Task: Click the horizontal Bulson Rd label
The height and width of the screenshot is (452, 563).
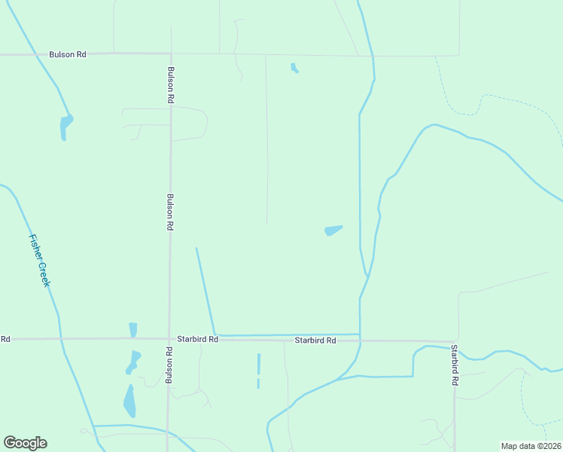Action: coord(68,54)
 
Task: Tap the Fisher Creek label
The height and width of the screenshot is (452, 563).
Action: coord(39,260)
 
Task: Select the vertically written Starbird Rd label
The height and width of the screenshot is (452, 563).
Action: coord(455,365)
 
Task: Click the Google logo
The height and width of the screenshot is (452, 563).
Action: coord(25,443)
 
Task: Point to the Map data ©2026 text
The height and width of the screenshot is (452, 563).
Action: coord(531,446)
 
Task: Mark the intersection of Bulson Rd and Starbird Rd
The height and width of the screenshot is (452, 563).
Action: coord(169,339)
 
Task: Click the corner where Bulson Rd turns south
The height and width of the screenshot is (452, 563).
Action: coord(171,54)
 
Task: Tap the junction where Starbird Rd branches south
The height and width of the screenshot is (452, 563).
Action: coord(455,341)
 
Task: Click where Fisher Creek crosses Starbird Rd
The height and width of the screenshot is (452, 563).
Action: coord(59,339)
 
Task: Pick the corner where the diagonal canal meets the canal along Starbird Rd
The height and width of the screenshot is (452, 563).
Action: coord(215,334)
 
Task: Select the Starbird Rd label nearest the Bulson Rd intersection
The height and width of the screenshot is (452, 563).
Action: coord(197,340)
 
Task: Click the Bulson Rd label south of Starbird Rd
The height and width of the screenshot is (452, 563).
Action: coord(170,366)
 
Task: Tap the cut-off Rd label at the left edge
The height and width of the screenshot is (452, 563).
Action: coord(5,339)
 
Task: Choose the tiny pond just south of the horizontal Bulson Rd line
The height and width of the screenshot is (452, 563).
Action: coord(294,69)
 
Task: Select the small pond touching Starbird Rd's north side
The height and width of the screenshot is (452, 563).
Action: coord(133,330)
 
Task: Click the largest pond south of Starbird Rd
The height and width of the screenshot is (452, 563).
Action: coord(130,401)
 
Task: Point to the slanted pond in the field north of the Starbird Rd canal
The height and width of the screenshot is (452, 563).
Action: coord(332,230)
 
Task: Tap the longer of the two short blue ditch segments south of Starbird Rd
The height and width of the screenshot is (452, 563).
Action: coord(258,364)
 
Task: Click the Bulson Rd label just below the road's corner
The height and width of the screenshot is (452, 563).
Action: coord(171,85)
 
